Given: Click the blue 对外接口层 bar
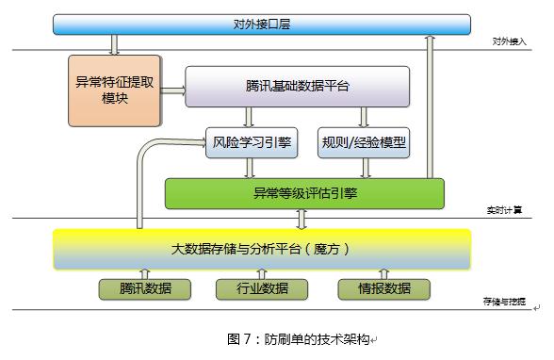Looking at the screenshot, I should (x=261, y=24).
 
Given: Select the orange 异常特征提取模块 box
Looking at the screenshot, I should (x=114, y=90).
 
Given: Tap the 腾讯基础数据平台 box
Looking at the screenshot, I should (x=297, y=86).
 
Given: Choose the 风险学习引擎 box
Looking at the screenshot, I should (x=251, y=143).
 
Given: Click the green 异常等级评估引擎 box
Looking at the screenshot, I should (x=303, y=193).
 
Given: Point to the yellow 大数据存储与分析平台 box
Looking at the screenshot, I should (x=261, y=250).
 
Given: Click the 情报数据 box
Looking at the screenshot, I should (x=383, y=288).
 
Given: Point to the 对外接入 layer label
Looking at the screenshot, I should (x=509, y=41).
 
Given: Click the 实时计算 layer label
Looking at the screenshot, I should (x=509, y=209).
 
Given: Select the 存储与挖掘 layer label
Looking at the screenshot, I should (x=504, y=303).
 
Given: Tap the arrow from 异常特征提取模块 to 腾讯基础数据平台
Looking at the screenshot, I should (x=171, y=90).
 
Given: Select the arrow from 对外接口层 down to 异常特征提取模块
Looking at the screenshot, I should (x=114, y=44).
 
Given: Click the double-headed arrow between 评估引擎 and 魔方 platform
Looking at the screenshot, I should (x=303, y=220).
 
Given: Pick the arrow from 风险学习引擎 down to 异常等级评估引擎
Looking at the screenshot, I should (x=251, y=168).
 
